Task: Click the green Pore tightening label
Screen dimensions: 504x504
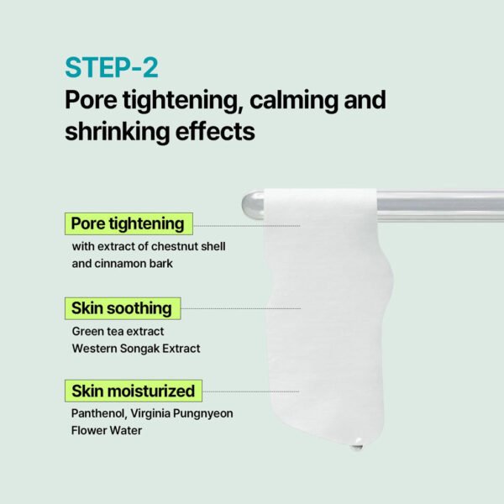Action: pos(128,224)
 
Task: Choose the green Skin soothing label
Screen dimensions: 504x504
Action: pos(122,308)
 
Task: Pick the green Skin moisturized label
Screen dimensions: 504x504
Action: pos(133,391)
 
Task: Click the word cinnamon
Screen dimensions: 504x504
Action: pos(128,263)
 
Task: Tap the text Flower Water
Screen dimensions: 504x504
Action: pos(107,430)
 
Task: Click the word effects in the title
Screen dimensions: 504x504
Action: pos(214,132)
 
